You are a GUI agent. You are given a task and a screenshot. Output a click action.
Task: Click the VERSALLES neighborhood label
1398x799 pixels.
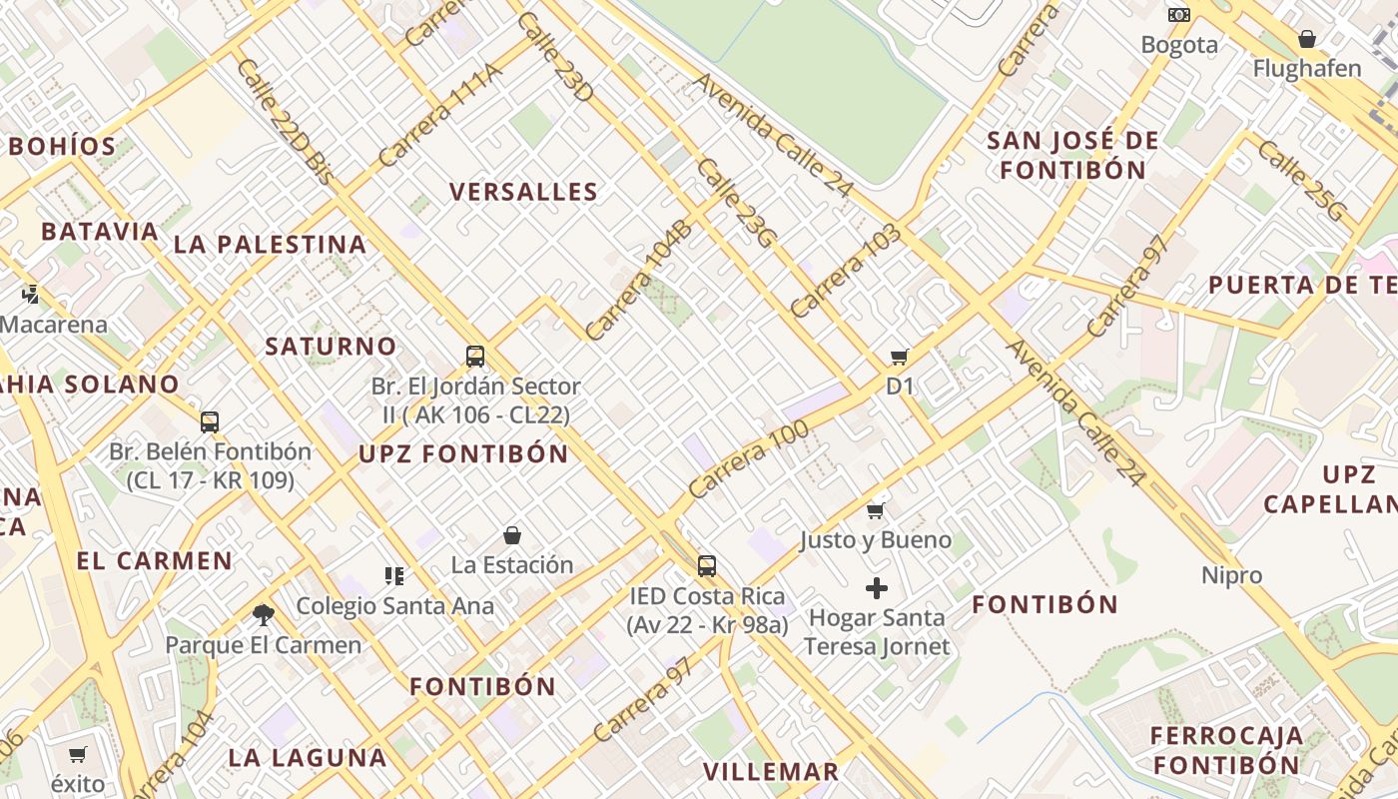pos(523,192)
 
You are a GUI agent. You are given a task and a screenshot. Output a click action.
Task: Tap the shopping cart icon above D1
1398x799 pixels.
pos(899,358)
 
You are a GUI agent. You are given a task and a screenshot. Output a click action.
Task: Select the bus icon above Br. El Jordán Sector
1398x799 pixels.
pos(475,357)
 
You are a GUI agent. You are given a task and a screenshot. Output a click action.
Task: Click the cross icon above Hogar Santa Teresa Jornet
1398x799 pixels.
pos(876,588)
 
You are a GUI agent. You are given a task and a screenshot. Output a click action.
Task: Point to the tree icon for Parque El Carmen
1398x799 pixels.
pos(264,614)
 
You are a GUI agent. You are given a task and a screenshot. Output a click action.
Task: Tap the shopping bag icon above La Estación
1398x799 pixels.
pos(512,535)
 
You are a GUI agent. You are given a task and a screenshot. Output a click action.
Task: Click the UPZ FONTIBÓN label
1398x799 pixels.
pos(463,453)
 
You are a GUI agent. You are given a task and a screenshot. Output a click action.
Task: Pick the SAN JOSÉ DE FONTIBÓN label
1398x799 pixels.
pos(1073,155)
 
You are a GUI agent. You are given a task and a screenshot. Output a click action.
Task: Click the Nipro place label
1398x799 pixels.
pos(1232,575)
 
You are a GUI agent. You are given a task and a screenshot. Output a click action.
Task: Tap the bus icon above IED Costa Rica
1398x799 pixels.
pos(707,566)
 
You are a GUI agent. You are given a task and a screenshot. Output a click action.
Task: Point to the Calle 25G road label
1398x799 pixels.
pos(1302,181)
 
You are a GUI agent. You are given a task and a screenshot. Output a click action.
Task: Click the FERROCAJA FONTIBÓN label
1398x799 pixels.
pos(1226,751)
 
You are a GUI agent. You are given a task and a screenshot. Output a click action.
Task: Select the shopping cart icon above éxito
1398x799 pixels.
pos(78,755)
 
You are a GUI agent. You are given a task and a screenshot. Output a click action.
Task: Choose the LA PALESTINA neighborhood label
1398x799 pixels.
pos(270,244)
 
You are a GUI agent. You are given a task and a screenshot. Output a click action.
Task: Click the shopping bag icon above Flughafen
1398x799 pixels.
pos(1306,39)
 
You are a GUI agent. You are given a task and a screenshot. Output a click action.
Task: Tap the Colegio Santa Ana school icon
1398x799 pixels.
pos(394,575)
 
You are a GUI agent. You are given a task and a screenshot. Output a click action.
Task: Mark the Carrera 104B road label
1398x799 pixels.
pos(638,282)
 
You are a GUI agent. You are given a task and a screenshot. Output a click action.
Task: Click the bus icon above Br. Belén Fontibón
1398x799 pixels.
pos(210,421)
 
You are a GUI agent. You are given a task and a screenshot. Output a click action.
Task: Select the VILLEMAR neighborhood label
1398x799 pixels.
pos(771,771)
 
